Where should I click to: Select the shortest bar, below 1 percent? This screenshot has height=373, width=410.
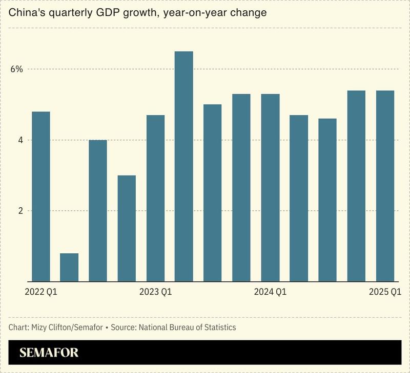click(x=69, y=267)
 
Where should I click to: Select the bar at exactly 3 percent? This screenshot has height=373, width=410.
click(x=127, y=228)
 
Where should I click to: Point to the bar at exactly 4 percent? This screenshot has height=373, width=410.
click(x=98, y=210)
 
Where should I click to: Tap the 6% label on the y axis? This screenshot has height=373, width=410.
click(x=17, y=69)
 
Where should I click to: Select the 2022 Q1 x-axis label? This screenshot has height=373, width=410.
click(x=40, y=292)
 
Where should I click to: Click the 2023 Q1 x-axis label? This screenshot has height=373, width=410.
click(x=155, y=292)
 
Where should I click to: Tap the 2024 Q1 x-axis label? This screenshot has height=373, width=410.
click(x=270, y=292)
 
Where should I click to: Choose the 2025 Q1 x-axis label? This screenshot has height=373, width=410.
click(x=385, y=292)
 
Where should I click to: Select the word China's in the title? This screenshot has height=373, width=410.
click(x=26, y=13)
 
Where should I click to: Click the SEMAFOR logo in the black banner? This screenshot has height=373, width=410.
click(x=49, y=353)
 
